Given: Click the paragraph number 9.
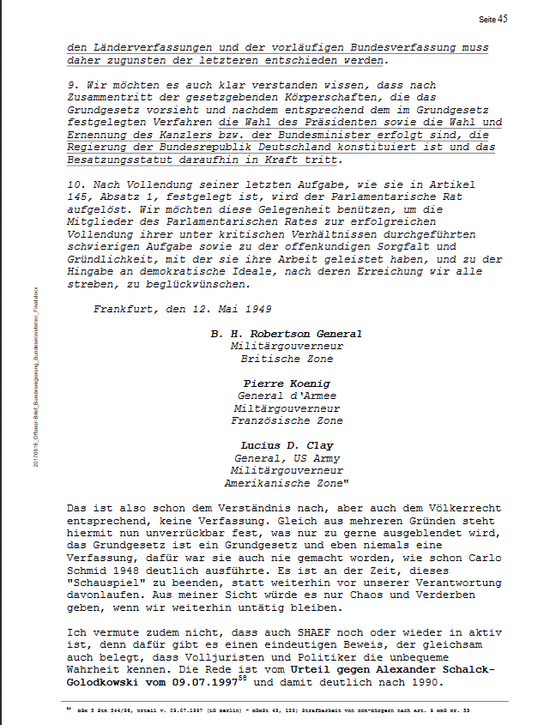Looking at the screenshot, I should [x=70, y=85].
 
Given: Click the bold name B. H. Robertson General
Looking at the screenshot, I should [x=286, y=334].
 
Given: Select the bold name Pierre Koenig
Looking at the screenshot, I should [x=286, y=383].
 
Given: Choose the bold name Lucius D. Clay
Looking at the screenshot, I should [x=286, y=445].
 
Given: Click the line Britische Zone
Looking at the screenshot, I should [x=286, y=359].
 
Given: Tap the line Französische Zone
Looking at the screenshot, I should [x=286, y=420].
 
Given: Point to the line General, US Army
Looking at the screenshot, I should [x=286, y=457].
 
